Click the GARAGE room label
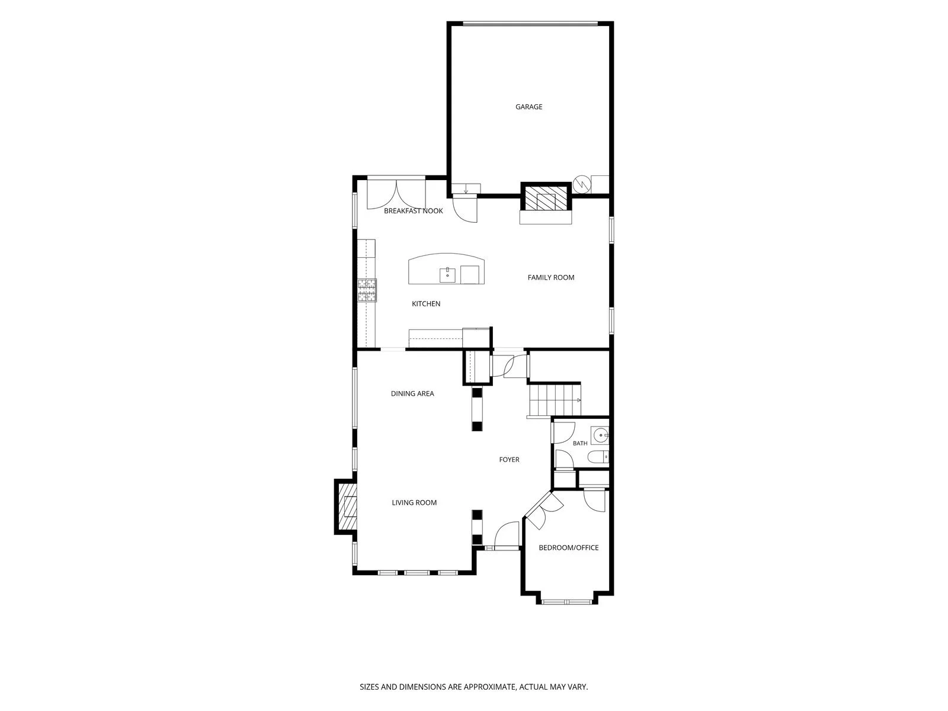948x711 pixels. (x=529, y=107)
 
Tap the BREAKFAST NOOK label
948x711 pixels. (x=414, y=211)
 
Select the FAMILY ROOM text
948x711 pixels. (x=550, y=277)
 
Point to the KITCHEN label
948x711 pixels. (x=426, y=304)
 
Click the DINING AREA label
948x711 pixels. (x=412, y=393)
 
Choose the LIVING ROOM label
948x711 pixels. (x=414, y=502)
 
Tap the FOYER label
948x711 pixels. (x=509, y=460)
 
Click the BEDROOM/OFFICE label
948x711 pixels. (x=568, y=548)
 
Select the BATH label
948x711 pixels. (x=580, y=443)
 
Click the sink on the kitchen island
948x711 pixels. (x=447, y=275)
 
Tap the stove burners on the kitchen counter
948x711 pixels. (x=367, y=290)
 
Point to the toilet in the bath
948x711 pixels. (x=598, y=456)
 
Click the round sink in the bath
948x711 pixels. (x=600, y=435)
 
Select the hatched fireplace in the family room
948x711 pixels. (x=546, y=198)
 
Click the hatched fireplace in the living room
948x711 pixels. (x=347, y=507)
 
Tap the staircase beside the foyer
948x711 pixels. (x=555, y=400)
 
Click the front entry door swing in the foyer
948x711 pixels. (x=507, y=535)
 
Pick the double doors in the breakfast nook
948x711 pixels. (x=396, y=195)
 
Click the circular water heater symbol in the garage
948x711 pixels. (x=581, y=184)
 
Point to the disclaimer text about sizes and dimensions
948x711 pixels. (x=474, y=687)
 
